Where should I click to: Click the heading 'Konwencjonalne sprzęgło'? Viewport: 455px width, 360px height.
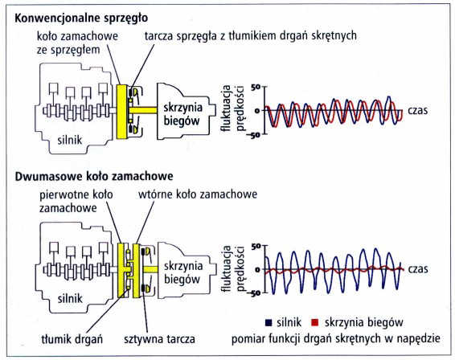tap(81, 18)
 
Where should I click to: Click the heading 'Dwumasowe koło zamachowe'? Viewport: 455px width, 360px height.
tap(94, 176)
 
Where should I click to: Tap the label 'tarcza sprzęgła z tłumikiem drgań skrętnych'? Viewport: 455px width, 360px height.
tap(251, 36)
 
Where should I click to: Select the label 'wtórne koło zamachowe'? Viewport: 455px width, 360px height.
tap(198, 194)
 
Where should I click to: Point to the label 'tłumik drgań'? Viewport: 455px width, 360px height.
tap(72, 339)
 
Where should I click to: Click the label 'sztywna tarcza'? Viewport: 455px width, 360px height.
tap(160, 339)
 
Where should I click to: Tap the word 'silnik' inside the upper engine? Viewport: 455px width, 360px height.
tap(70, 141)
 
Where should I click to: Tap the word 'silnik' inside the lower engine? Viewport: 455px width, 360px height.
tap(70, 298)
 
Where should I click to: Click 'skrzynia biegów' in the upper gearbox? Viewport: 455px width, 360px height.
tap(182, 114)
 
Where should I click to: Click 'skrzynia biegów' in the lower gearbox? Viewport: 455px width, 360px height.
tap(183, 273)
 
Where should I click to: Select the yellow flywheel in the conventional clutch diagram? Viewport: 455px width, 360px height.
tap(121, 112)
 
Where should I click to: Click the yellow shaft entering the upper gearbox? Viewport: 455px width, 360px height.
tap(143, 110)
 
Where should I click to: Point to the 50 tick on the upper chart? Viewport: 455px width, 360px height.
tap(256, 87)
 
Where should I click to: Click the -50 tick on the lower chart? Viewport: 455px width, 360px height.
tap(254, 293)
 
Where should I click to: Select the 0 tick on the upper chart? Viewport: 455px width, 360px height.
tap(257, 111)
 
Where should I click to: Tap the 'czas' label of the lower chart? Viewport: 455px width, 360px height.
tap(418, 269)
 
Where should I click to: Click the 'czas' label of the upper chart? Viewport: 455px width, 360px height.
tap(417, 111)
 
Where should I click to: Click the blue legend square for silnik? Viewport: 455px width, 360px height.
tap(268, 322)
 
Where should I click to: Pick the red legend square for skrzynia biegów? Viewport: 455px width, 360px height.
tap(314, 322)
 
